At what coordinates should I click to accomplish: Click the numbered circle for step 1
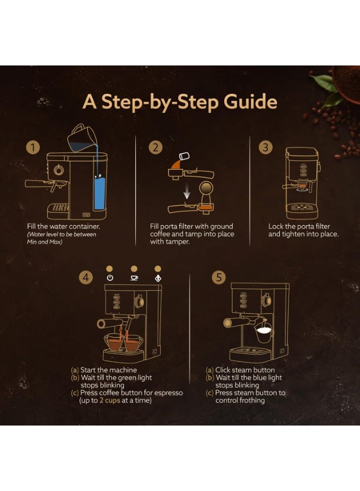pos(33,147)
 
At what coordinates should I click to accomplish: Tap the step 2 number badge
pos(155,147)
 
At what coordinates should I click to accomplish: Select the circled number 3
pos(266,147)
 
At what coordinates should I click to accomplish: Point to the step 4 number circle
pos(86,277)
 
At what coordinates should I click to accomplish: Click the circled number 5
pos(219,277)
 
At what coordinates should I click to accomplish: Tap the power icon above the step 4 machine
pos(110,278)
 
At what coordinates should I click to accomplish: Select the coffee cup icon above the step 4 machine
pos(134,278)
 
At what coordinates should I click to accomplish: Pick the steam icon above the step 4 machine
pos(158,278)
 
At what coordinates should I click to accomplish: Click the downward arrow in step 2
pos(187,191)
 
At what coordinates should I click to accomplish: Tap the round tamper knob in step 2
pos(206,189)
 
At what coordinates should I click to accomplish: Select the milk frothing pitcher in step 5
pos(263,333)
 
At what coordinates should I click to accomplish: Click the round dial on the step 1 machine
pos(58,170)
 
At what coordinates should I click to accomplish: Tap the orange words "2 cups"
pos(110,400)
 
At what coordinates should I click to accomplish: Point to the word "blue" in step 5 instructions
pos(261,378)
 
